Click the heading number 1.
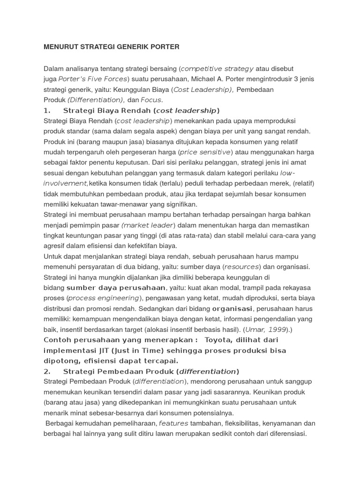pyautogui.click(x=46, y=111)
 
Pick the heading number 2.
pyautogui.click(x=46, y=371)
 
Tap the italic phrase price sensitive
pyautogui.click(x=205, y=152)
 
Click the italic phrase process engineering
pyautogui.click(x=103, y=298)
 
